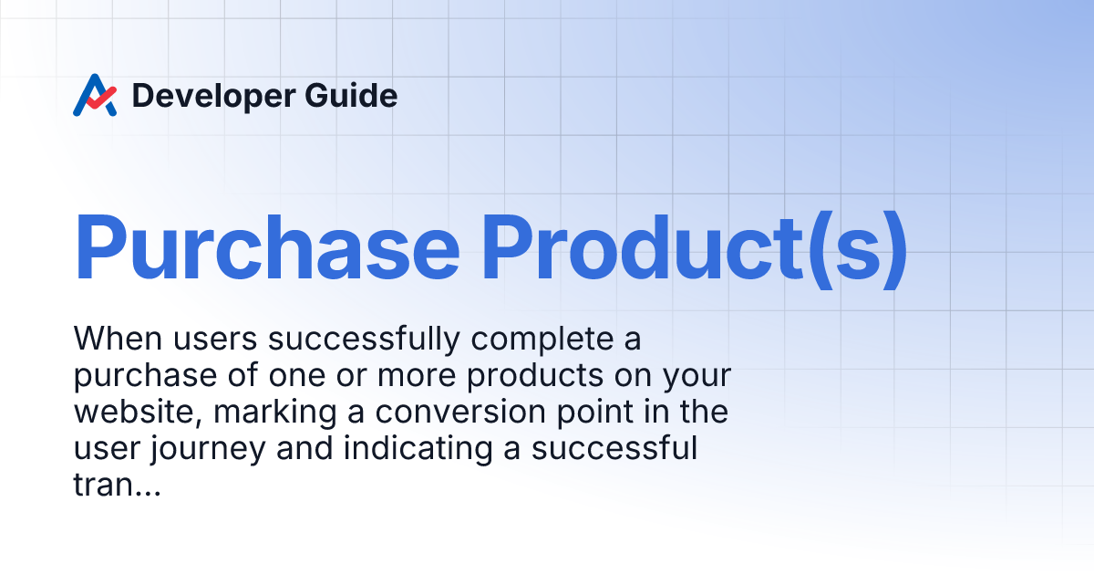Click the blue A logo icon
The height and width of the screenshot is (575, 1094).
click(95, 95)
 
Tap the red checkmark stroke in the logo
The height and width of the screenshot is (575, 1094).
click(100, 95)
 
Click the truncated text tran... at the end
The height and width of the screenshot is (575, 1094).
click(116, 486)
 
